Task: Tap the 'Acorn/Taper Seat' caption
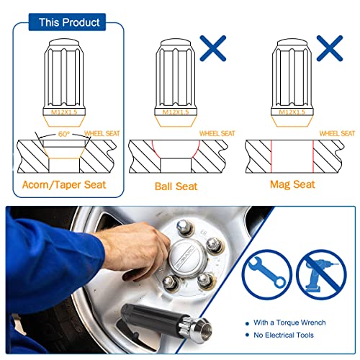[x=64, y=185]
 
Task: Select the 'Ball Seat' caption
[x=176, y=186]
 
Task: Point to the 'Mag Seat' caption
[x=292, y=184]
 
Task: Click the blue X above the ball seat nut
[x=213, y=48]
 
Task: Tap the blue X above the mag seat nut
[x=330, y=48]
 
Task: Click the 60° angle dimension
[x=64, y=134]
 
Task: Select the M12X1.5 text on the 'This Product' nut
[x=64, y=112]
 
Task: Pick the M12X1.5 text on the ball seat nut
[x=176, y=112]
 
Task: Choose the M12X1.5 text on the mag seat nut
[x=292, y=112]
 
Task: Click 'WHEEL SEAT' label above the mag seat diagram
[x=337, y=133]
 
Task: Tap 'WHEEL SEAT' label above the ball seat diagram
[x=217, y=133]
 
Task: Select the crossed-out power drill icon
[x=322, y=274]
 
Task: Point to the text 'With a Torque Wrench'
[x=289, y=323]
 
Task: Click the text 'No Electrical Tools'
[x=284, y=335]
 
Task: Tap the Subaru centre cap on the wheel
[x=188, y=258]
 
